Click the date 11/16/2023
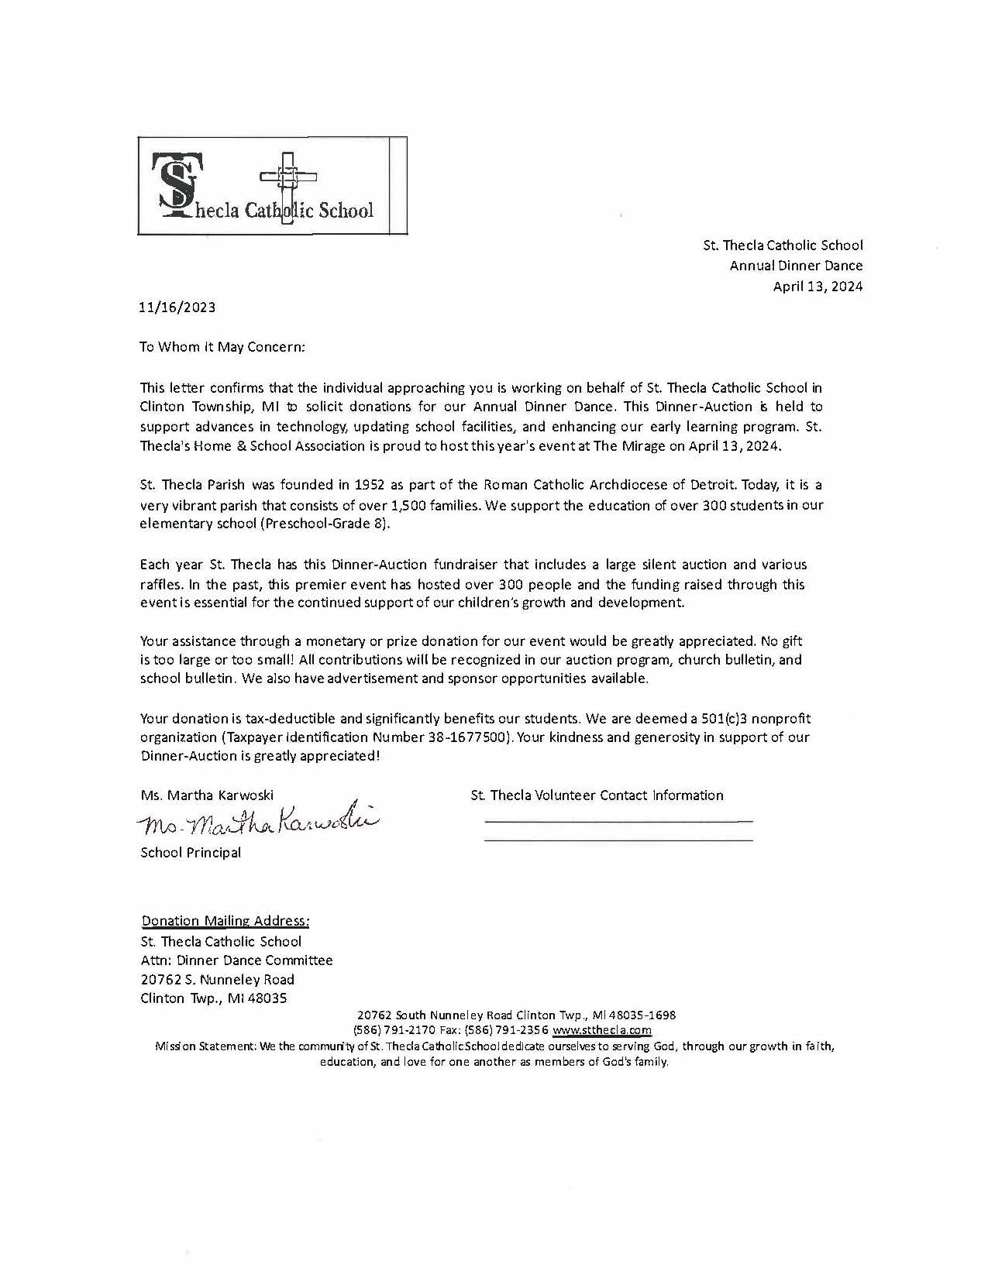(177, 307)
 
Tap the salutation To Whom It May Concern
(222, 347)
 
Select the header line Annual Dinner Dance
(796, 266)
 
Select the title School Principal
(191, 853)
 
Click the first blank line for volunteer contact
(618, 819)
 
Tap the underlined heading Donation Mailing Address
(225, 921)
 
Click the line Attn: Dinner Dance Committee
(236, 960)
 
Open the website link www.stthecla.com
(602, 1031)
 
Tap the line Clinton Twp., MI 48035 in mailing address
(214, 998)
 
